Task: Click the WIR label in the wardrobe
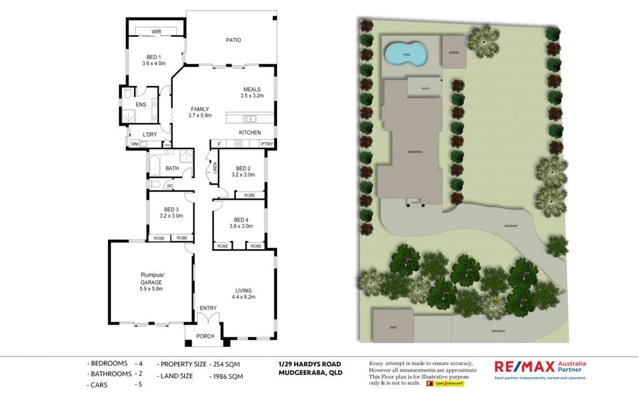pos(156,32)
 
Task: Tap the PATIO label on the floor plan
pos(233,41)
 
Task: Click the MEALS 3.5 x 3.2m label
pos(252,92)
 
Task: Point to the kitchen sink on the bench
pos(249,119)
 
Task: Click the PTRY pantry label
pos(267,144)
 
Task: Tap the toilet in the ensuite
pos(128,94)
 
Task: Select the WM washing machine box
pos(134,144)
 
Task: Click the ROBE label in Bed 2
pos(249,195)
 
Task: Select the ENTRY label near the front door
pos(208,308)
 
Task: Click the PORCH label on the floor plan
pos(205,336)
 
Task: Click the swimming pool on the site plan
pos(406,55)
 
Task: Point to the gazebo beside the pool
pos(454,52)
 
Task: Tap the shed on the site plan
pos(393,326)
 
